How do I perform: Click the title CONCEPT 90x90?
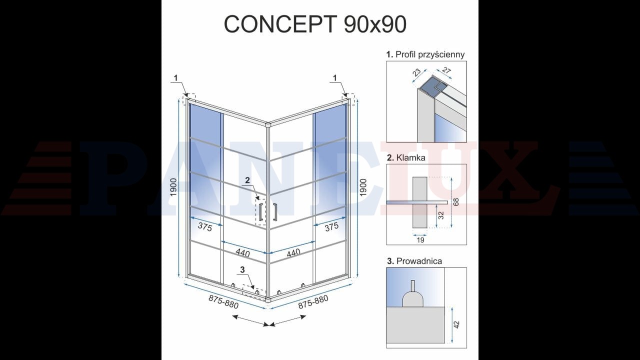(x=315, y=24)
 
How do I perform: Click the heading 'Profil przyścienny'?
(x=430, y=54)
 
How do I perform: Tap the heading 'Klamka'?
(x=411, y=157)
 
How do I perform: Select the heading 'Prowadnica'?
(x=419, y=261)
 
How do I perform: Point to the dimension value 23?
(x=417, y=72)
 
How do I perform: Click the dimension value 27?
(x=446, y=70)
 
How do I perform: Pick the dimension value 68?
(x=456, y=201)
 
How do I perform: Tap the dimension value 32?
(x=441, y=215)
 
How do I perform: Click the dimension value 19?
(x=420, y=240)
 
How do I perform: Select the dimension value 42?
(x=456, y=324)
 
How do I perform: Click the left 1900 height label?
(x=173, y=187)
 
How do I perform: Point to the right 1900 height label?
(x=363, y=187)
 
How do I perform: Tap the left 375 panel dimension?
(x=205, y=227)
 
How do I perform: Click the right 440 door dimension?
(x=293, y=252)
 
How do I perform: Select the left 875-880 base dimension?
(x=223, y=302)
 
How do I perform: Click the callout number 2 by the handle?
(x=247, y=180)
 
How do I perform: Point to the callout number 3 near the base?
(x=242, y=269)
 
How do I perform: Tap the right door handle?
(x=275, y=212)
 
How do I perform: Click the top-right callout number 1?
(x=335, y=77)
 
